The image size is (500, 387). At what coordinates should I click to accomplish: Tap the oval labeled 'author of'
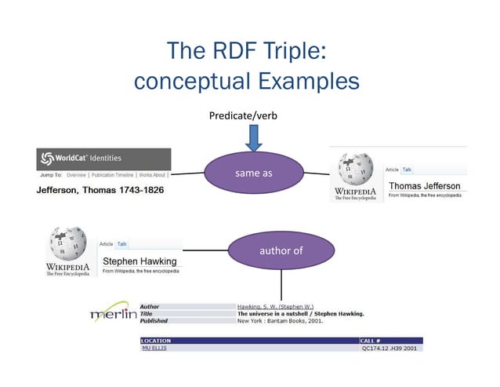[x=280, y=251]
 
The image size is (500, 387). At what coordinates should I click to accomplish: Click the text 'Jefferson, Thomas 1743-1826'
[x=102, y=192]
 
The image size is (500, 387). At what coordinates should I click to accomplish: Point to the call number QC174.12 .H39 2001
[x=390, y=349]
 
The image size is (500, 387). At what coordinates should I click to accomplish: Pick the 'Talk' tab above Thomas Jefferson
[x=408, y=170]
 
